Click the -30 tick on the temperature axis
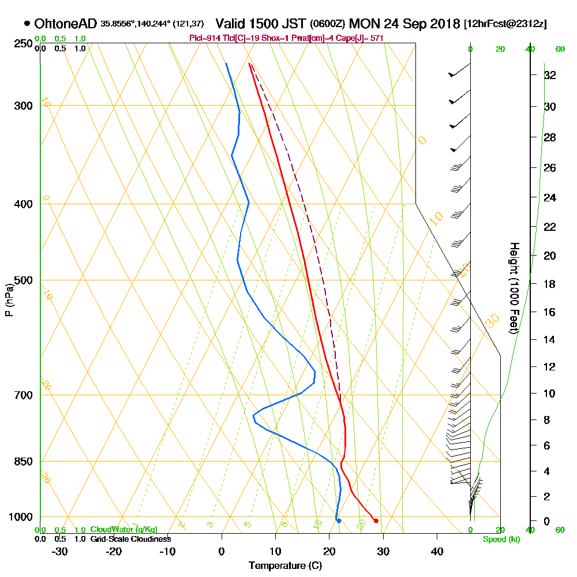[x=60, y=551]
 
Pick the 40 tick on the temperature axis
[x=437, y=551]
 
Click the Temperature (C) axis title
[x=285, y=565]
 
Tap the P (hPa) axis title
[x=9, y=300]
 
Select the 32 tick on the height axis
[x=550, y=75]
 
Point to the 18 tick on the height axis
[x=550, y=284]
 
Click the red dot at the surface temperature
[x=376, y=521]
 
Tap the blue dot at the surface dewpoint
[x=339, y=521]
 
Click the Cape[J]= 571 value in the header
[x=360, y=38]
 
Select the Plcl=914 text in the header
[x=203, y=38]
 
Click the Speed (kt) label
[x=500, y=539]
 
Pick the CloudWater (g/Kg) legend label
[x=123, y=530]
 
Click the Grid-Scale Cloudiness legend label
[x=130, y=539]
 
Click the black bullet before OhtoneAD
[x=27, y=24]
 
